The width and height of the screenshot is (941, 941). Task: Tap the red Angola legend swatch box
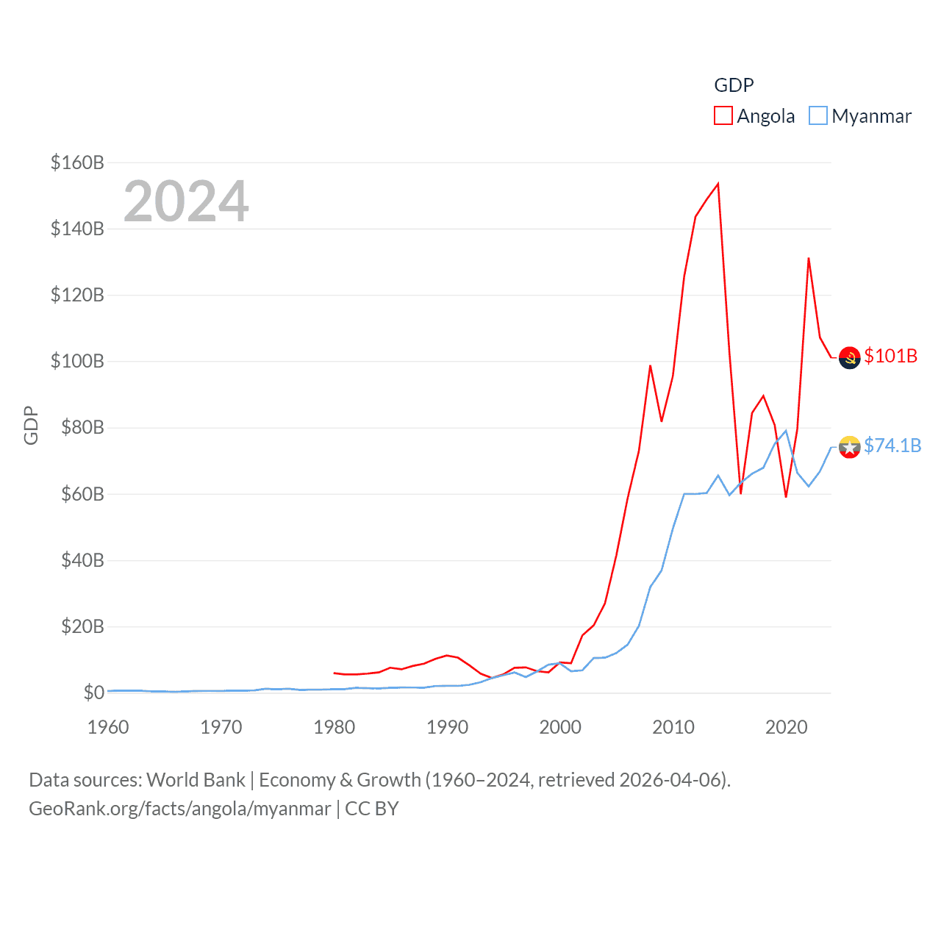click(x=723, y=116)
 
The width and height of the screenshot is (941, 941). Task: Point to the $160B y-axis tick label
click(x=77, y=162)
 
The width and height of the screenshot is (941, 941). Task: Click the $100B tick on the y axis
click(x=77, y=361)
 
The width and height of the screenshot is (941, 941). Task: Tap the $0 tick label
click(x=93, y=693)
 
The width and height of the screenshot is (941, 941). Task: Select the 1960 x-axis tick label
click(x=108, y=727)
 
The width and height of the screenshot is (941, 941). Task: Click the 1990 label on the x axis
click(x=447, y=727)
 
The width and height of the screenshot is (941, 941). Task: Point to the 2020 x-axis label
click(x=786, y=727)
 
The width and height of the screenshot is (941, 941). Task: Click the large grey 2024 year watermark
click(x=186, y=201)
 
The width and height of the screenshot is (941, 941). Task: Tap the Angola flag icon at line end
click(x=849, y=357)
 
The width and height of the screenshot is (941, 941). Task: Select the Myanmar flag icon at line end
click(x=849, y=447)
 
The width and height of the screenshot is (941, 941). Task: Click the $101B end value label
click(x=890, y=356)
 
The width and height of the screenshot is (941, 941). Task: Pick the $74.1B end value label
click(x=892, y=446)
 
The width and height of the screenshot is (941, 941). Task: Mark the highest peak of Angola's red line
click(x=718, y=184)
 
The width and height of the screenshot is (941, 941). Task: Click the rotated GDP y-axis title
click(x=31, y=426)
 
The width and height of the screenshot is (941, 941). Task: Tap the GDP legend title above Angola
click(x=734, y=85)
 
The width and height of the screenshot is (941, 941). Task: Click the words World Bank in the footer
click(x=196, y=779)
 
